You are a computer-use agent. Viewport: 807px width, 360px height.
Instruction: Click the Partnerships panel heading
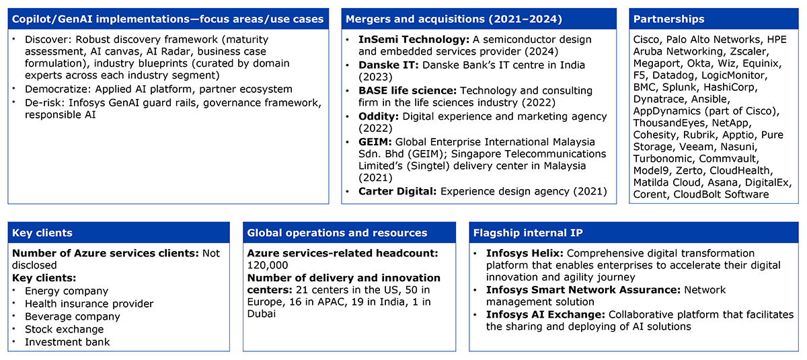point(668,19)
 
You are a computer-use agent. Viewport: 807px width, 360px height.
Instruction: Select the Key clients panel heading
point(42,233)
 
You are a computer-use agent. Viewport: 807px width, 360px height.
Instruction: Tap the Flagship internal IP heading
point(528,233)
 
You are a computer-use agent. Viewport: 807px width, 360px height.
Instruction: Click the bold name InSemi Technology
point(414,39)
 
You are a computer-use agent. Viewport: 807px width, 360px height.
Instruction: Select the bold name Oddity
point(378,116)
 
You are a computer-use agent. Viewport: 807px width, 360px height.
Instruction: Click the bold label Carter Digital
point(397,191)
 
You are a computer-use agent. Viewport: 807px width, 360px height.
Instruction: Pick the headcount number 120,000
point(268,266)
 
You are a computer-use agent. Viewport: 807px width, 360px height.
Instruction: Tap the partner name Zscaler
point(748,52)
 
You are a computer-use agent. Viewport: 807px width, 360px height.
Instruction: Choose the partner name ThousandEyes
point(669,123)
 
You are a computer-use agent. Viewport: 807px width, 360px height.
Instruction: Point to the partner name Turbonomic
point(664,159)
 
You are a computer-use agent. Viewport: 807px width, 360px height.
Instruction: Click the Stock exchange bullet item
point(64,329)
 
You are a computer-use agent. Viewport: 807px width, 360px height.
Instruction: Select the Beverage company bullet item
point(73,316)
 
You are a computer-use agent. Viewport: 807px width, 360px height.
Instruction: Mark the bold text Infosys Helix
point(525,253)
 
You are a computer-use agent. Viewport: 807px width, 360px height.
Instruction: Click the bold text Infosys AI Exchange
point(545,315)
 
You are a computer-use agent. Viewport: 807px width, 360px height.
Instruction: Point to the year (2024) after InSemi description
point(541,52)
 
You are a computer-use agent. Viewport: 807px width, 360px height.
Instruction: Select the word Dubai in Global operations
point(261,314)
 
